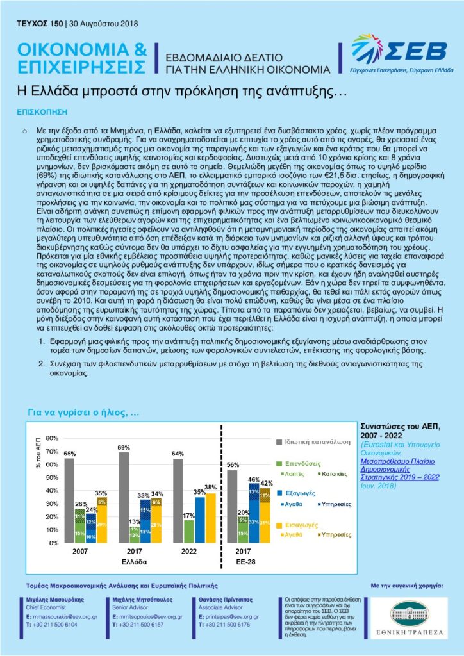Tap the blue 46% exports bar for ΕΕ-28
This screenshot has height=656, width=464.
click(x=254, y=513)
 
